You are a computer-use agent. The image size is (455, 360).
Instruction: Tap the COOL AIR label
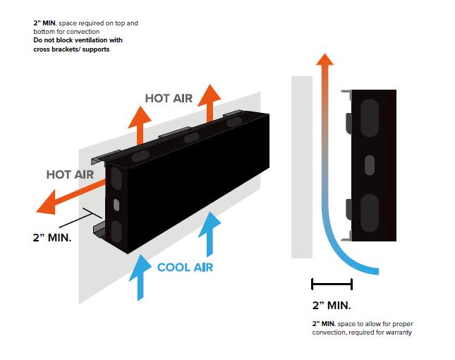click(x=186, y=268)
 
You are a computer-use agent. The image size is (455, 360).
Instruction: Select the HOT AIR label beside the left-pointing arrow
click(x=71, y=174)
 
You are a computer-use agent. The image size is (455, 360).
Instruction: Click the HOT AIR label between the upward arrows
click(x=169, y=99)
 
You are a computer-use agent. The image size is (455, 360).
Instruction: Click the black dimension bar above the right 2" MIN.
click(x=331, y=284)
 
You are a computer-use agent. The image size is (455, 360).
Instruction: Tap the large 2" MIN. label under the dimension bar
click(x=332, y=306)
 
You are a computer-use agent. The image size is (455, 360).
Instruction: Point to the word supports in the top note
click(x=96, y=49)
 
